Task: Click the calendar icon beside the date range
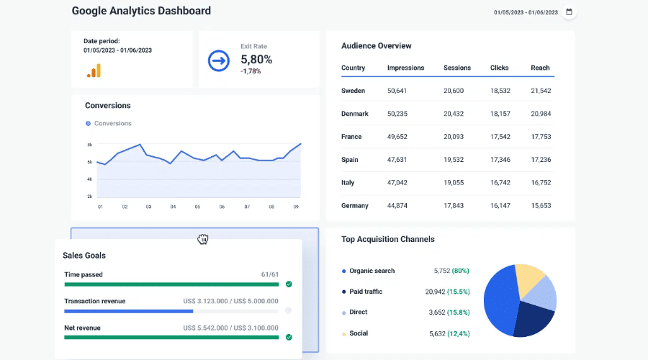tap(569, 12)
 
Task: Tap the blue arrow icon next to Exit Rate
tap(218, 61)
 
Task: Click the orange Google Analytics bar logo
tap(94, 71)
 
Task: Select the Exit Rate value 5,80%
tap(256, 59)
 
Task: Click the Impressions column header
tap(405, 68)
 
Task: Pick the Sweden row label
tap(353, 91)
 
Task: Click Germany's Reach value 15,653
tap(541, 206)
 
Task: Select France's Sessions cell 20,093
tap(454, 137)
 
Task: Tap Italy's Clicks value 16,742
tap(500, 183)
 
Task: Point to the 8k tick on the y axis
tap(90, 145)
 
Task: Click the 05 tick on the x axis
tap(197, 207)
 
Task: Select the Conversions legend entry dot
tap(88, 123)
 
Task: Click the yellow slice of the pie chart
tap(529, 278)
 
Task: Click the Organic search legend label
tap(372, 271)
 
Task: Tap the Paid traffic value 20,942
tap(436, 292)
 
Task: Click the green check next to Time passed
tap(289, 284)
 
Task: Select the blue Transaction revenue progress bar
tap(128, 311)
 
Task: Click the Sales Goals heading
tap(84, 255)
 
